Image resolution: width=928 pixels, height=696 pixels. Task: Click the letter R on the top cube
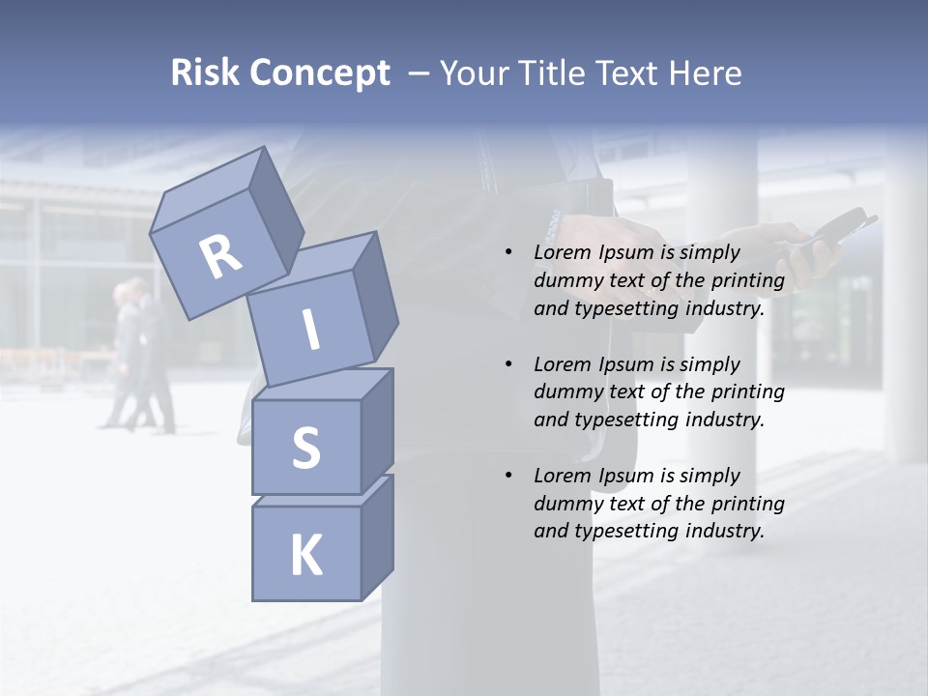220,257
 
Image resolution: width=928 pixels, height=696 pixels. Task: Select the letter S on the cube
305,448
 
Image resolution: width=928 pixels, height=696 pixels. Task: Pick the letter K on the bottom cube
305,556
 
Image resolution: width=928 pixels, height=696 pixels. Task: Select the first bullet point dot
508,252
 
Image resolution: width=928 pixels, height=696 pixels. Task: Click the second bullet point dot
508,364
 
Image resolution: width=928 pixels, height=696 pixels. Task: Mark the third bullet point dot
508,476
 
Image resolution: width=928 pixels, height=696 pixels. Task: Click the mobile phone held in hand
833,232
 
